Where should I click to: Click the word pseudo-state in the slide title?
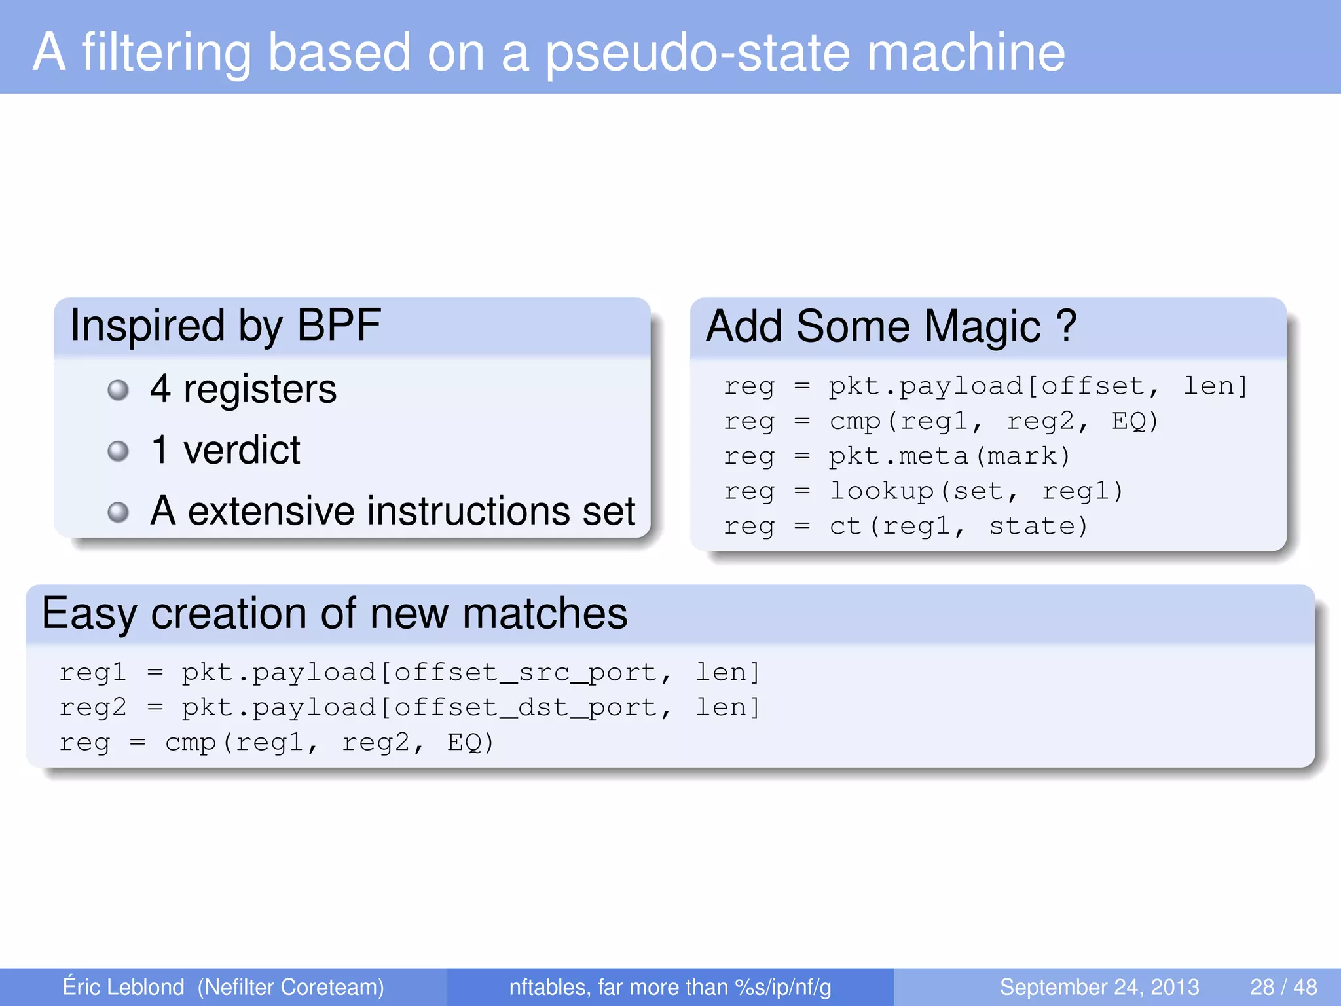point(697,54)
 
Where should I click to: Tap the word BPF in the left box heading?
point(339,326)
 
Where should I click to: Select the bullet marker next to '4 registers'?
point(118,390)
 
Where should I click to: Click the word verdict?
point(242,451)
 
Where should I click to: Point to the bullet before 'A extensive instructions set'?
point(118,512)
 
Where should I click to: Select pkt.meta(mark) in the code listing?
point(949,456)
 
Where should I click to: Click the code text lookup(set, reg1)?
point(976,491)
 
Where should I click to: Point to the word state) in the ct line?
point(1038,527)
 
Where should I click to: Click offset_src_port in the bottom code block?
point(525,673)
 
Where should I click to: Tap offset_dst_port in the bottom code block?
point(525,708)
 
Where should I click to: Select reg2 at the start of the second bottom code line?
point(92,708)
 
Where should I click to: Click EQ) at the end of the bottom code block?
point(470,743)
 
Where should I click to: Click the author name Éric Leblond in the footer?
point(123,987)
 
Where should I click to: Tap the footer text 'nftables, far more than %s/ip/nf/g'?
point(670,987)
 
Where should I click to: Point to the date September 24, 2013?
point(1099,987)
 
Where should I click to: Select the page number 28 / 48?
point(1283,987)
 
